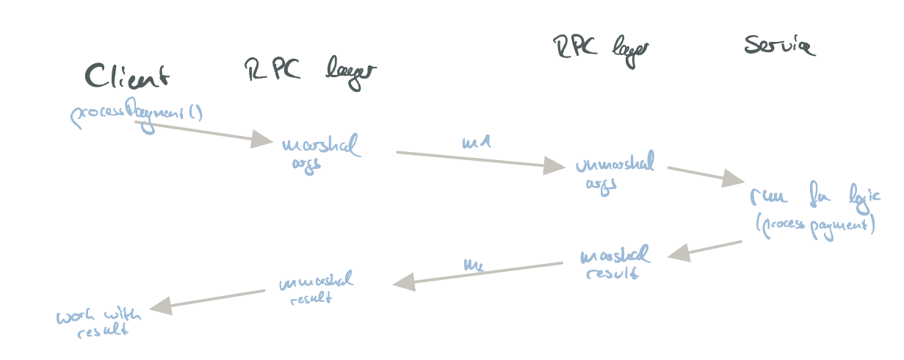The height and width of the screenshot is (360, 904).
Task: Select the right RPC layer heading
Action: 601,48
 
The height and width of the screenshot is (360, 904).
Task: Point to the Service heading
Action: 778,46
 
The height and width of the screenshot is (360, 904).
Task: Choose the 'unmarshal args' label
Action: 614,171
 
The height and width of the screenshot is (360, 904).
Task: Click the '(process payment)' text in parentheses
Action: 815,226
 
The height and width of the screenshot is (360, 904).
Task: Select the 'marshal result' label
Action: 614,263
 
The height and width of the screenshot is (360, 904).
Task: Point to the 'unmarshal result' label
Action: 316,288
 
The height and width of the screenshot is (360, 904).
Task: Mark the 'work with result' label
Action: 99,323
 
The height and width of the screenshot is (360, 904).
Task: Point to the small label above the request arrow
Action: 475,142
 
